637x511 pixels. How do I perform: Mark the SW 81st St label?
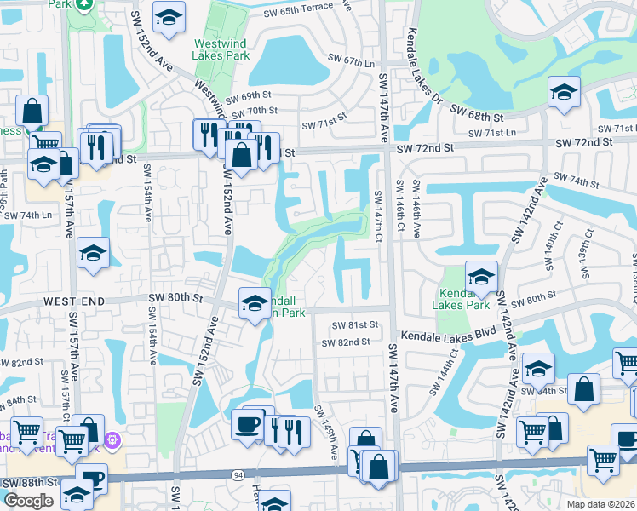(x=354, y=325)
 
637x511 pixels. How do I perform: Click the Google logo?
(x=28, y=501)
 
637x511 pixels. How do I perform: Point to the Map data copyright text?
(x=600, y=502)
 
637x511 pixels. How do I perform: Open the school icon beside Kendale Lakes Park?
(x=481, y=275)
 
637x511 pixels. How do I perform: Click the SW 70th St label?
(x=254, y=111)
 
